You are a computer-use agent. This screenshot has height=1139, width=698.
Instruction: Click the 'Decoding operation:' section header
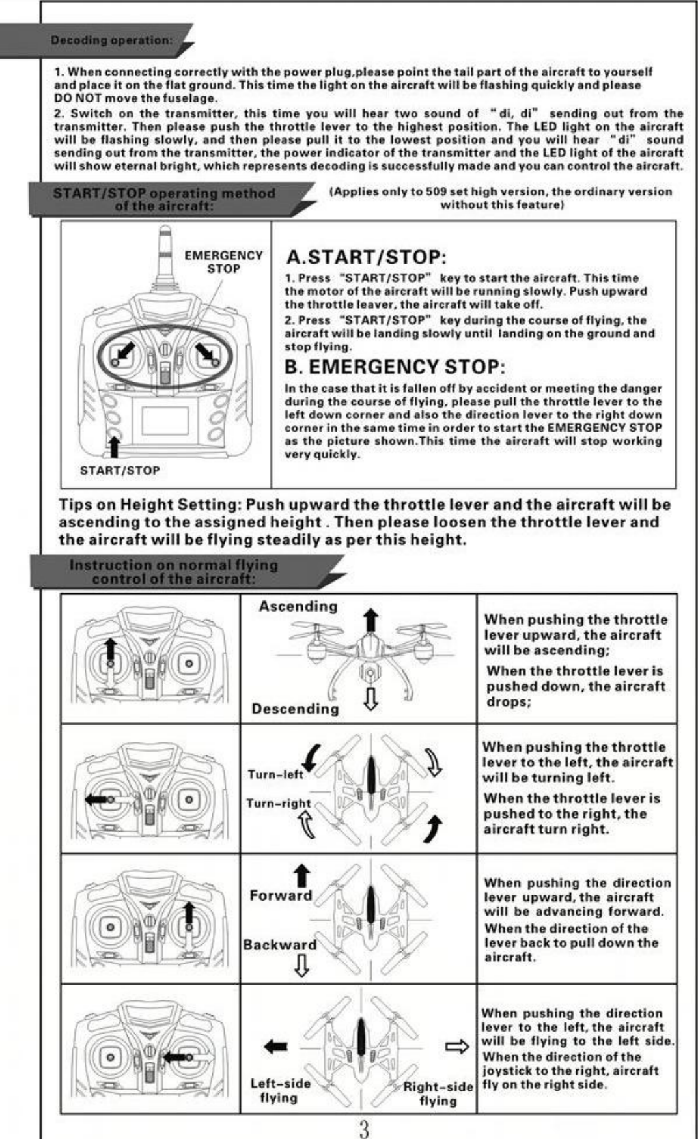click(x=111, y=40)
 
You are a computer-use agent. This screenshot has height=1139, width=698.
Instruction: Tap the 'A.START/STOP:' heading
click(x=367, y=257)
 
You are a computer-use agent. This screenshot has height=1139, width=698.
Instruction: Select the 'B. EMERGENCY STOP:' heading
click(x=395, y=367)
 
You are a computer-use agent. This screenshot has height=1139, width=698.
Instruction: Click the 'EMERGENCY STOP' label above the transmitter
click(x=223, y=262)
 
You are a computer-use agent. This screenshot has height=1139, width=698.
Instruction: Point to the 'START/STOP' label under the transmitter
click(x=120, y=470)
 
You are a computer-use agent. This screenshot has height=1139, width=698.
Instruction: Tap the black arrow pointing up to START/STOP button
click(x=115, y=447)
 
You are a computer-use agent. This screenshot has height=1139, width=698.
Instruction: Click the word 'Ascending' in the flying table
click(x=298, y=606)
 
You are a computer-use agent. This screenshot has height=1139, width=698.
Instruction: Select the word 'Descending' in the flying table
click(x=295, y=709)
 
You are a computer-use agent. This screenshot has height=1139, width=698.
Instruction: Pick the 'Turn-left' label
click(x=275, y=774)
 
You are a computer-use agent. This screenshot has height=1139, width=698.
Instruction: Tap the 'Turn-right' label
click(x=278, y=803)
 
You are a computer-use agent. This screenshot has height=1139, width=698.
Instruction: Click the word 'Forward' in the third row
click(x=281, y=895)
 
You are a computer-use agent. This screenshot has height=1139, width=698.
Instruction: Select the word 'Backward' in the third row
click(x=280, y=944)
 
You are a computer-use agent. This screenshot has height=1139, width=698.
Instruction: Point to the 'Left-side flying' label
click(x=280, y=1090)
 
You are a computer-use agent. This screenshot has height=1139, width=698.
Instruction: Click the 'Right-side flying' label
click(x=438, y=1093)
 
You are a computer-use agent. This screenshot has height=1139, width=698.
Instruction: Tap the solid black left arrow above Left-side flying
click(x=275, y=1047)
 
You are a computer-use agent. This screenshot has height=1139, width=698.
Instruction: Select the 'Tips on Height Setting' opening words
click(x=150, y=505)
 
